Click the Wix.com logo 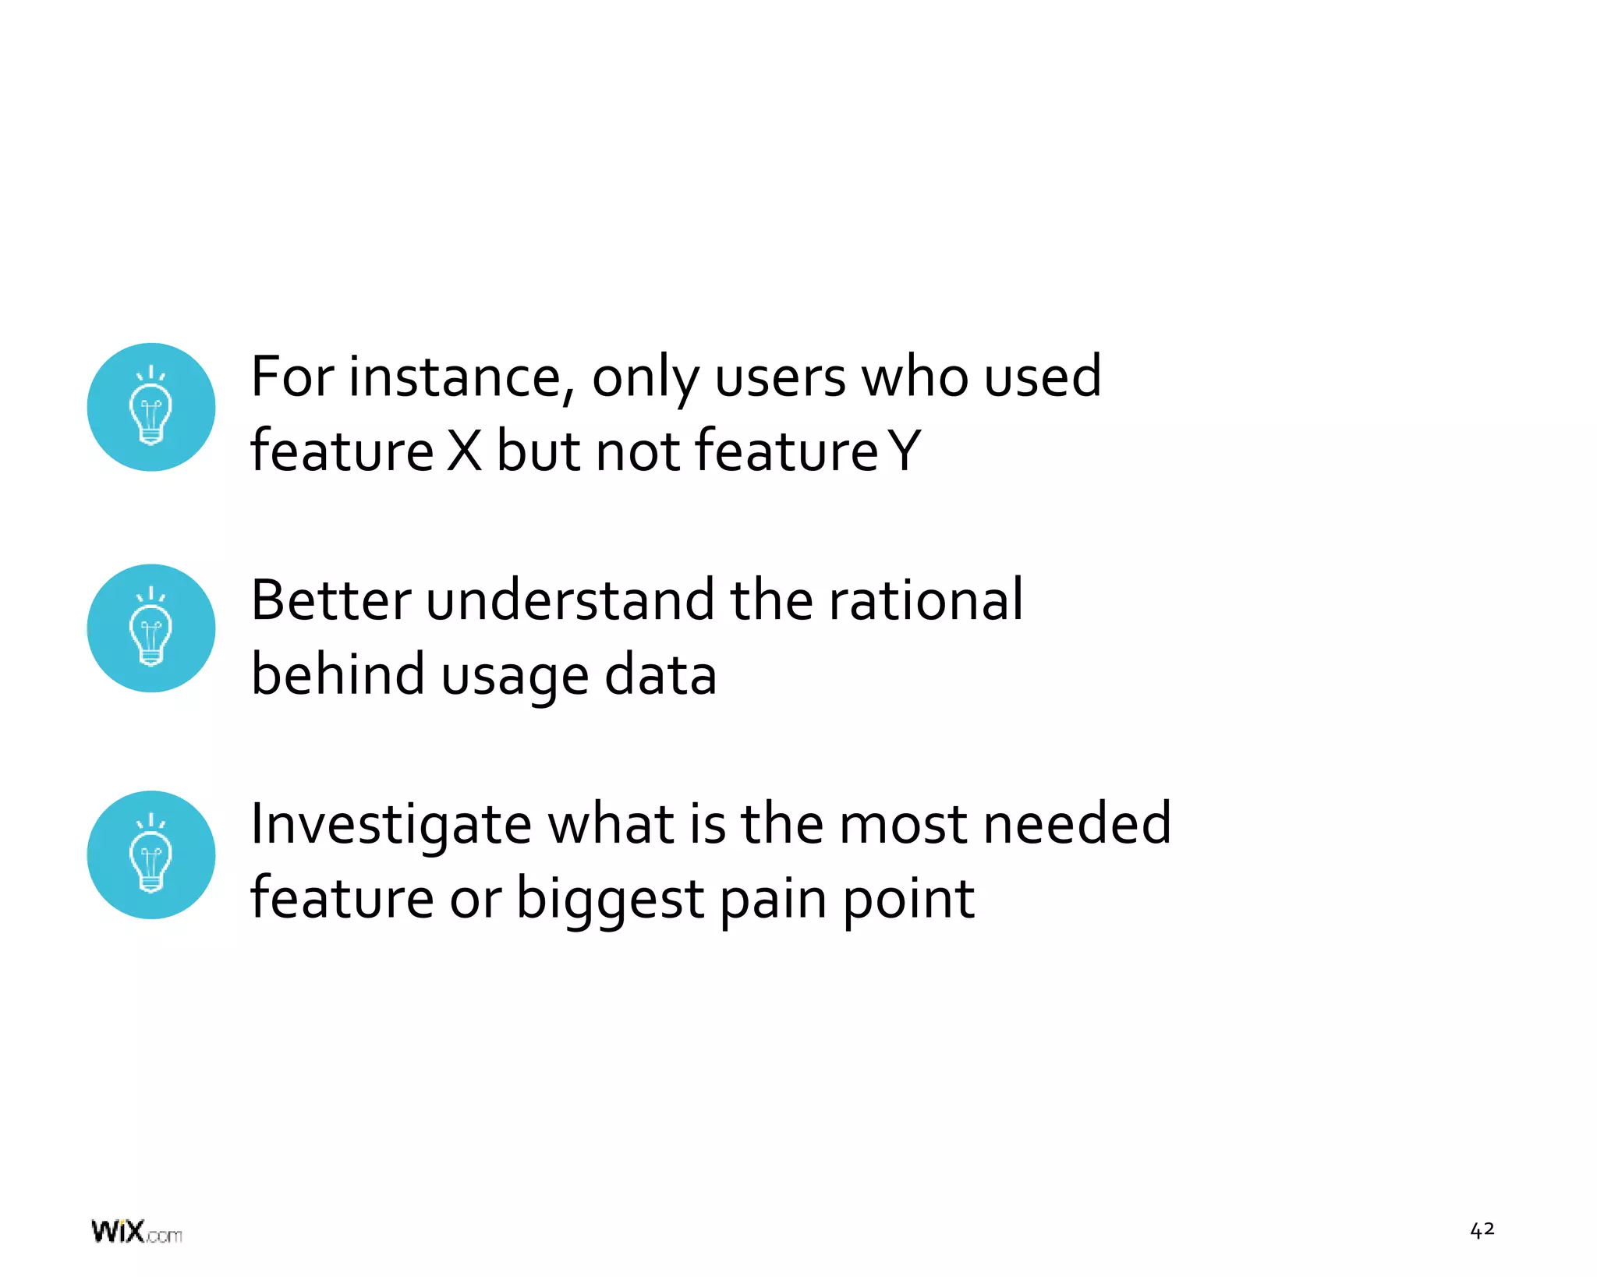click(136, 1232)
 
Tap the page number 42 click(1482, 1230)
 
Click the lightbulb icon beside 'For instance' click(151, 407)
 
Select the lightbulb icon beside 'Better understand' click(151, 628)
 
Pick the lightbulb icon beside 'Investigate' click(151, 855)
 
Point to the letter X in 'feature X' click(465, 452)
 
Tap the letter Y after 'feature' click(905, 452)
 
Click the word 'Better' click(331, 600)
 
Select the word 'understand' click(570, 600)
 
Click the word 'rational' click(926, 600)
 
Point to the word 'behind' click(338, 675)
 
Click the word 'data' click(660, 675)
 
